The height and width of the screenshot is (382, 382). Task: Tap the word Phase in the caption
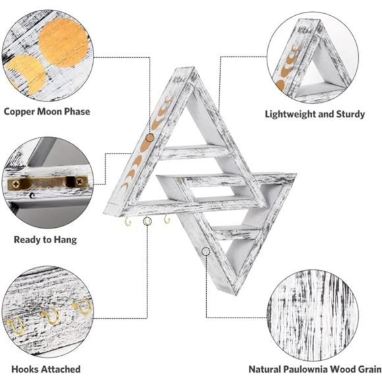click(77, 111)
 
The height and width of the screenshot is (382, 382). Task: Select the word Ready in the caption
click(27, 240)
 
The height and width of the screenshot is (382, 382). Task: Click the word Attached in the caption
click(60, 369)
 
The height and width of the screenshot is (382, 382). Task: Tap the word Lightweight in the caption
click(290, 114)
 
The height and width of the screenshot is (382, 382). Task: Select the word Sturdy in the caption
click(351, 114)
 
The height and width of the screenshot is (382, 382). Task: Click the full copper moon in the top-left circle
click(63, 43)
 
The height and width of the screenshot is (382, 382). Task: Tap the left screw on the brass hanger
click(16, 184)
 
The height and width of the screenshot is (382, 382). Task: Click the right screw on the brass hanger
click(79, 181)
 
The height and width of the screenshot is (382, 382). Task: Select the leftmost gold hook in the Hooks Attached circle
click(16, 325)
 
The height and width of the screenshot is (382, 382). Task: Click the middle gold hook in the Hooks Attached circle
click(51, 315)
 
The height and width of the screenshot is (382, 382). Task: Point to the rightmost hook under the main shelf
click(167, 219)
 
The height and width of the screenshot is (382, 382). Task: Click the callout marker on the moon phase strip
click(150, 138)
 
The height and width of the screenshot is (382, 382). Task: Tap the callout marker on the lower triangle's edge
click(206, 252)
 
